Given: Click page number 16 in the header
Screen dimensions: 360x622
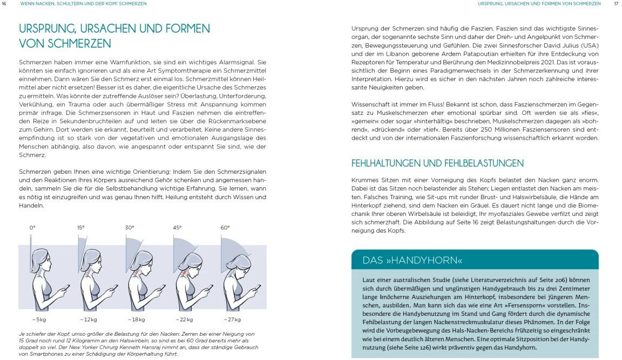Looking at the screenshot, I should click(4, 4).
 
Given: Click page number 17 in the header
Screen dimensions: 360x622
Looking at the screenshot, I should click(616, 4).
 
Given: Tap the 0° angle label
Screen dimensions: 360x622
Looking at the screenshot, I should click(32, 228).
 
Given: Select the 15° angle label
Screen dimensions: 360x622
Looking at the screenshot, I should click(80, 228).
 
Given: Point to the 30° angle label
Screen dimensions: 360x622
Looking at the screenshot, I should click(130, 228).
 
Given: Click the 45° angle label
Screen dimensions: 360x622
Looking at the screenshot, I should click(177, 228).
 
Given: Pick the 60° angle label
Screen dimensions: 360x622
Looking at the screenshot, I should click(225, 228).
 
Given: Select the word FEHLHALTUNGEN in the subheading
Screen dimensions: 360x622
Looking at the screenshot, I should click(388, 163).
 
